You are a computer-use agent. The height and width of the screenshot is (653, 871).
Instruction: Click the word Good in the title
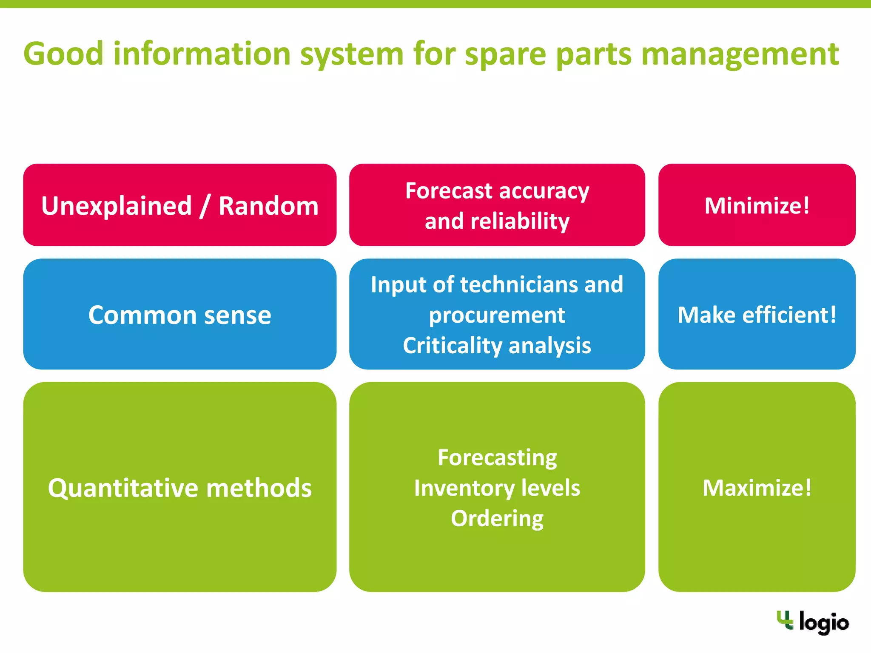(63, 54)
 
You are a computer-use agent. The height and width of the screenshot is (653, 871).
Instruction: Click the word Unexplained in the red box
(117, 206)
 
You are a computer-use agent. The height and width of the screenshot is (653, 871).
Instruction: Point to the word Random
(268, 206)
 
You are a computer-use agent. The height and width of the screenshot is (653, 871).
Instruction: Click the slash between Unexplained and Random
(205, 206)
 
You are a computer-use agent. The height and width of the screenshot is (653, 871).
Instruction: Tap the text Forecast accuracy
(497, 190)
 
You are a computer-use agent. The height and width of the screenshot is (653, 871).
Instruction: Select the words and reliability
(497, 221)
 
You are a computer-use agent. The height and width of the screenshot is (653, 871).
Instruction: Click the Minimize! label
(757, 206)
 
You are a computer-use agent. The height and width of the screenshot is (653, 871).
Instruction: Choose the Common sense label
(179, 315)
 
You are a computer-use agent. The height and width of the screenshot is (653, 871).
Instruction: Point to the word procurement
(497, 315)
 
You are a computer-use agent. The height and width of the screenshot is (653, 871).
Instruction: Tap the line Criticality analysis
(497, 345)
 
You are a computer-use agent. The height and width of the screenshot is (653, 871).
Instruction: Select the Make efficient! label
(757, 315)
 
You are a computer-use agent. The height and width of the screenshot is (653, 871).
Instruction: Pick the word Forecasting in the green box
(497, 457)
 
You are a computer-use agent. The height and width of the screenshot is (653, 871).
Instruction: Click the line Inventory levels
(497, 488)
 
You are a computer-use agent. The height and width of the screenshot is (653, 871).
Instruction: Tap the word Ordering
(497, 518)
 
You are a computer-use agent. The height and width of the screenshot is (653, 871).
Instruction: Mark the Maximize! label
(757, 488)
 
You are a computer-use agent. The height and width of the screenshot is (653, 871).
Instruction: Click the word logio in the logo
(823, 623)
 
